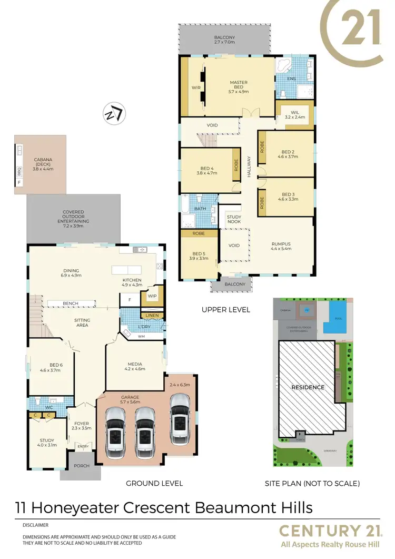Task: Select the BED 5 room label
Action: (x=199, y=256)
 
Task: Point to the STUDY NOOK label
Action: (x=234, y=219)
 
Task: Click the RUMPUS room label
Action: (x=281, y=244)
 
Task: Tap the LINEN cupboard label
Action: (x=152, y=316)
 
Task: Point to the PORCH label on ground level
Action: (x=81, y=466)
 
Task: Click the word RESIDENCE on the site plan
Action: (x=308, y=387)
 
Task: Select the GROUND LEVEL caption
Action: (x=154, y=483)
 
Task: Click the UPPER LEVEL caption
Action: (x=225, y=310)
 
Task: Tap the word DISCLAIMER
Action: (x=36, y=525)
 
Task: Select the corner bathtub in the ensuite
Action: (x=283, y=68)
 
